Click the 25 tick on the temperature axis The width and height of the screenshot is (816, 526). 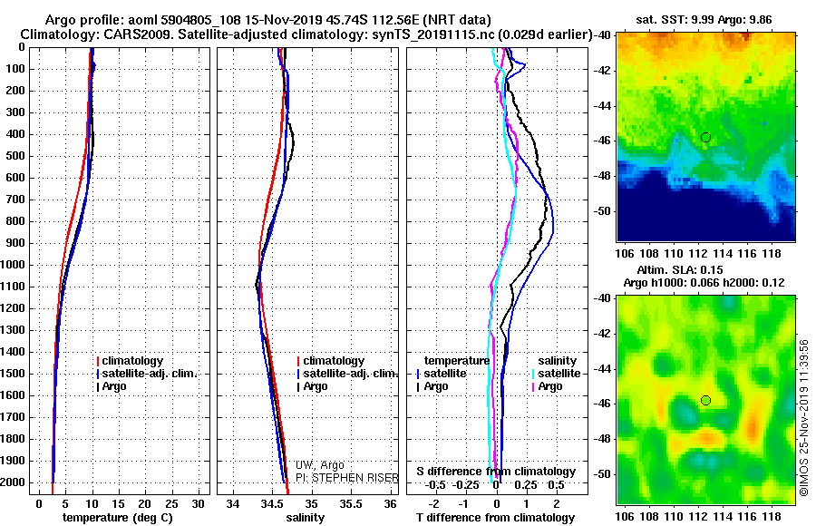click(x=171, y=503)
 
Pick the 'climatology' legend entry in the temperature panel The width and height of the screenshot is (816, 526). click(x=132, y=361)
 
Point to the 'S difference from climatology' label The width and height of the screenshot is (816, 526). click(x=496, y=472)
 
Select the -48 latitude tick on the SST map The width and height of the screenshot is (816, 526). click(x=606, y=174)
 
